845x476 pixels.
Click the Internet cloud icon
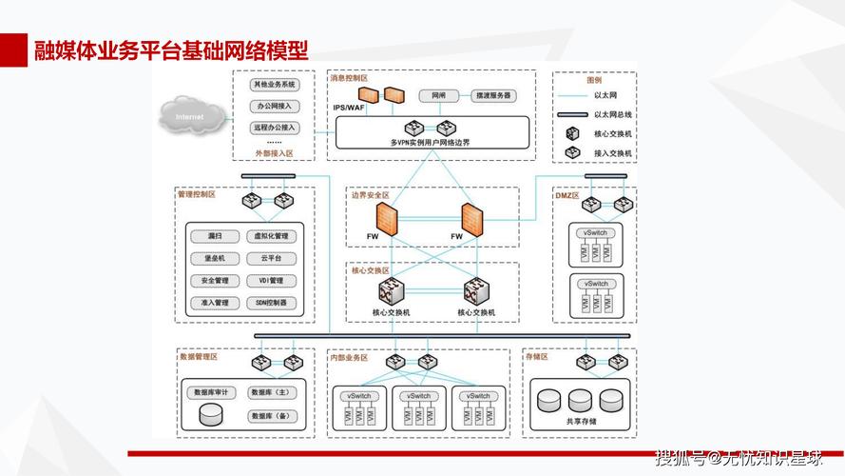[189, 117]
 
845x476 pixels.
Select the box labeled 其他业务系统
[275, 86]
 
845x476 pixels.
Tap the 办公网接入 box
[275, 107]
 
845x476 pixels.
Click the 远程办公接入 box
[275, 127]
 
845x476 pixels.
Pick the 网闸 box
[438, 95]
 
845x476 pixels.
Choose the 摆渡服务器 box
[494, 95]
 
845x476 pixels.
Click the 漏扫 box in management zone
[214, 235]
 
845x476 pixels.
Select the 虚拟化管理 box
[271, 235]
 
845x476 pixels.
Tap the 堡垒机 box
[214, 258]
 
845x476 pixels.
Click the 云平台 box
[271, 258]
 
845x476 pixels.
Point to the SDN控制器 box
[271, 303]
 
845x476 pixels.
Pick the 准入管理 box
[214, 303]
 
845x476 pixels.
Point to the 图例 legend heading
[594, 81]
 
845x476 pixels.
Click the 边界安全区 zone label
[371, 195]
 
